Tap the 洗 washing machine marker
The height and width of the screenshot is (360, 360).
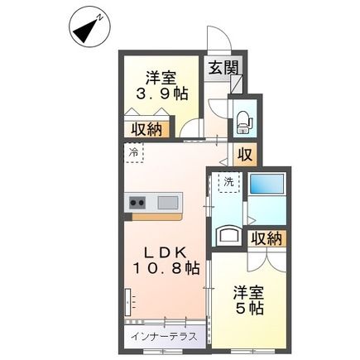227,181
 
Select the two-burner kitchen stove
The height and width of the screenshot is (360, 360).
137,201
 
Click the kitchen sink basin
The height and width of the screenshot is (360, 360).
168,201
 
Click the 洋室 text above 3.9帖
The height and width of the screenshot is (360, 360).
161,80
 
